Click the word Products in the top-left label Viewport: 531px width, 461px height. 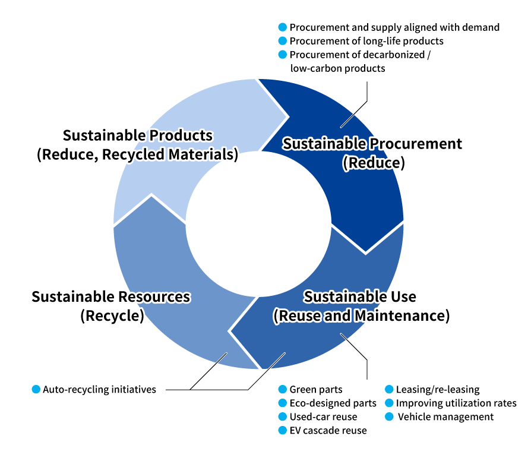[181, 135]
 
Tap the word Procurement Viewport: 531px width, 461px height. [416, 144]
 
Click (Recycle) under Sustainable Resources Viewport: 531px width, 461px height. [112, 315]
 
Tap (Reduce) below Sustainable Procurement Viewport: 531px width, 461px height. [374, 163]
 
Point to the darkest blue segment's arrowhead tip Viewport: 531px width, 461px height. [366, 252]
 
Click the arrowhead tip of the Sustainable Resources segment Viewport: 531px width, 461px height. [152, 195]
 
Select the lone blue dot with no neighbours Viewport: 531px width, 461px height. [36, 389]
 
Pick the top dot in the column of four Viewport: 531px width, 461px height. [283, 389]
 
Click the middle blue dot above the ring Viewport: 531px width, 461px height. [283, 40]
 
